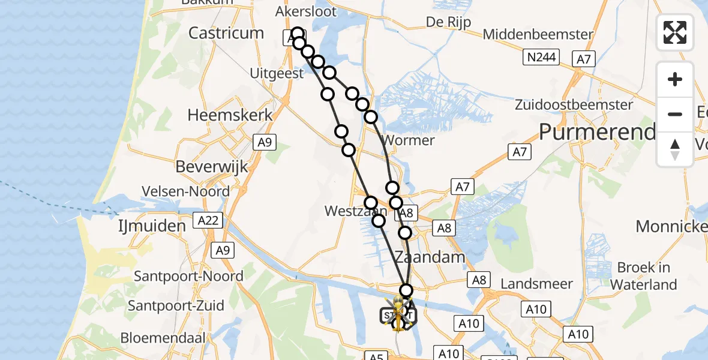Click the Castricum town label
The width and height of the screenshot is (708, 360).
(x=226, y=33)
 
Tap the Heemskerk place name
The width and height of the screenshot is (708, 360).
(x=230, y=115)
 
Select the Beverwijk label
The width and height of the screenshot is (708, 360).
(x=212, y=166)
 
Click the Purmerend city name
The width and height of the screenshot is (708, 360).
(x=597, y=132)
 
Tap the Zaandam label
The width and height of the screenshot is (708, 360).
(x=430, y=257)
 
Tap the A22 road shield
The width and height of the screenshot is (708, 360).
(x=208, y=221)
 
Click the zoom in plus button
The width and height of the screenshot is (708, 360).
(x=675, y=80)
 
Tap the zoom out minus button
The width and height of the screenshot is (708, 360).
(x=675, y=114)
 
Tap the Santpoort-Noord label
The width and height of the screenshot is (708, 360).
(x=188, y=277)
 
